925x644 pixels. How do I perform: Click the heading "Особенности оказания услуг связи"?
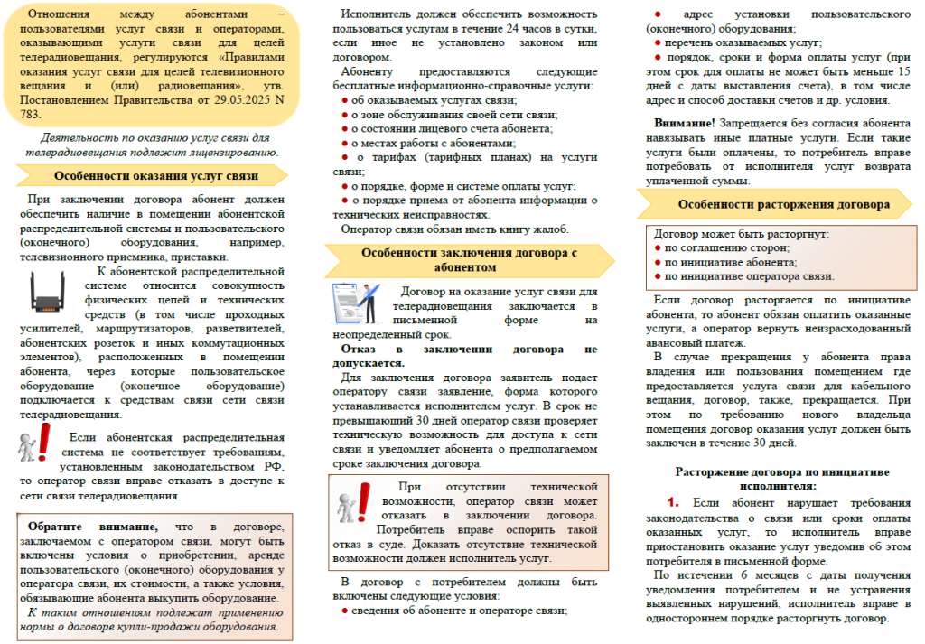155,177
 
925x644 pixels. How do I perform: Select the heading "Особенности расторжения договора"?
783,205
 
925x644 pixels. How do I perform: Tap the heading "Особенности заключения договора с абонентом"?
469,261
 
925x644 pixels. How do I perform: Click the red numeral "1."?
672,501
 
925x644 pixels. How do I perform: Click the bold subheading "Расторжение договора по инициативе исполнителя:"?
782,478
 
